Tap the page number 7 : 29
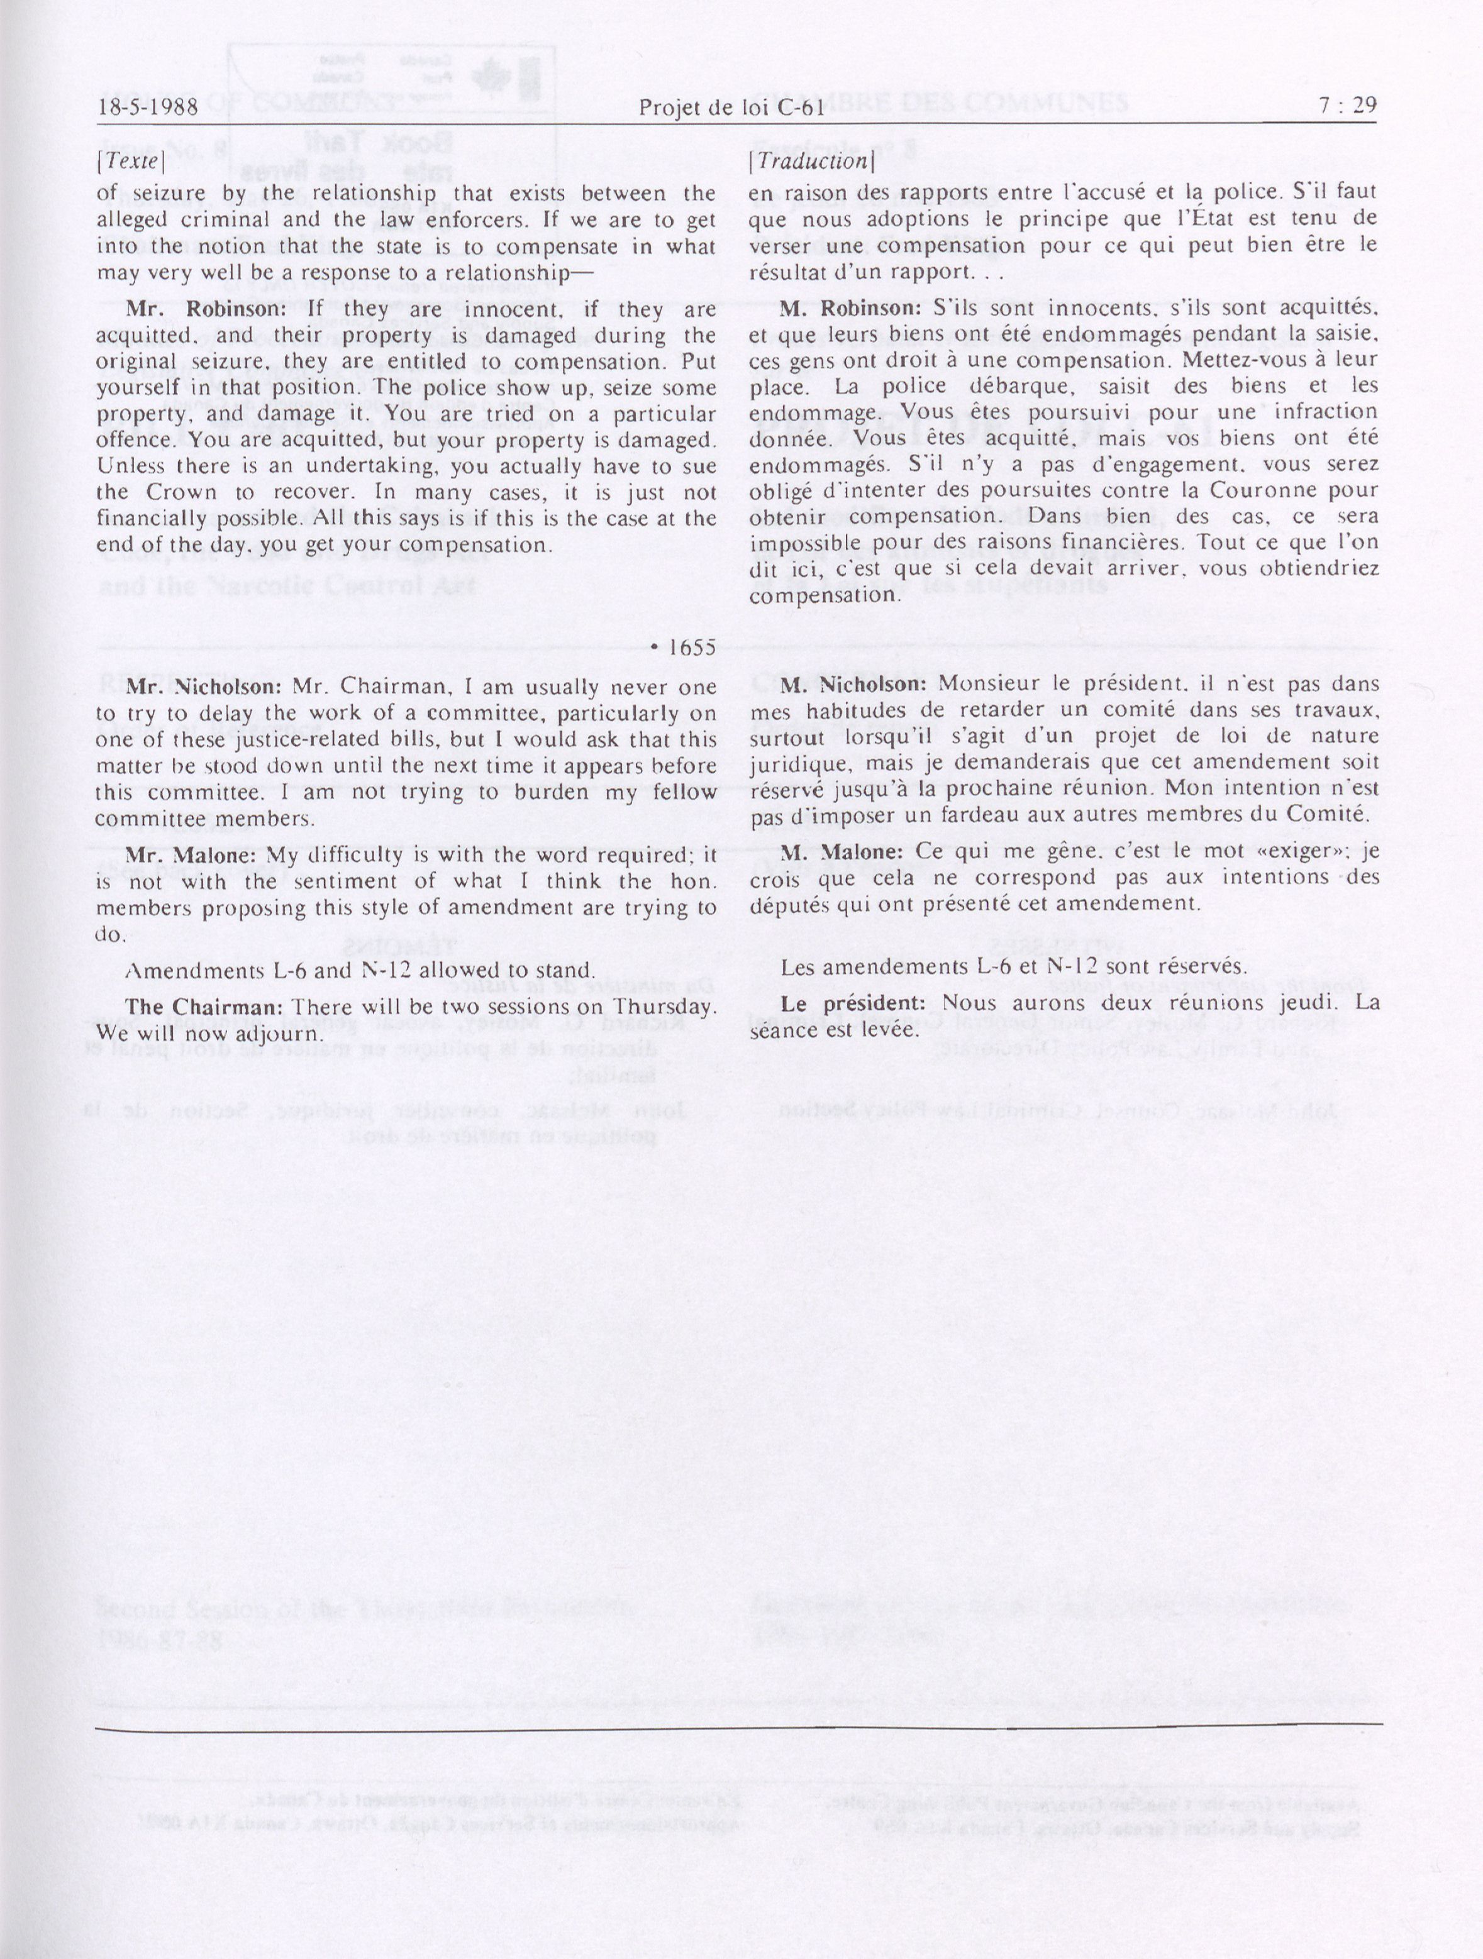[1347, 106]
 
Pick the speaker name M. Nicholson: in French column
[853, 684]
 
